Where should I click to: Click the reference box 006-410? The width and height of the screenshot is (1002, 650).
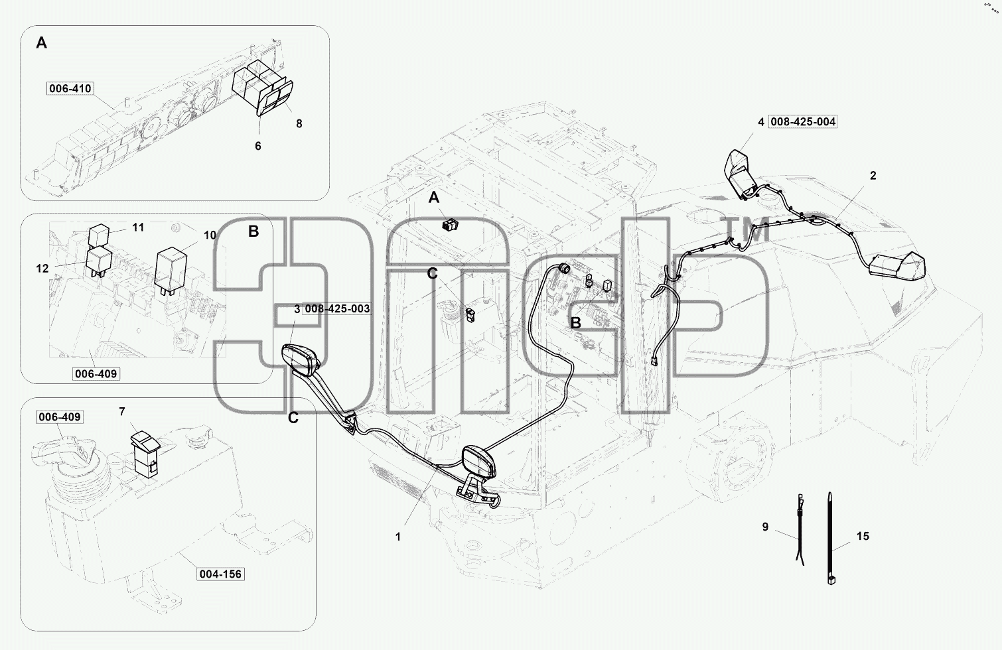(70, 88)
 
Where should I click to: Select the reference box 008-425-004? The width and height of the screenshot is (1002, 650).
(803, 121)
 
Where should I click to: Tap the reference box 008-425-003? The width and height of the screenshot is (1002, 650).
(337, 308)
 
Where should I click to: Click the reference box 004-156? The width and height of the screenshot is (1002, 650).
(220, 574)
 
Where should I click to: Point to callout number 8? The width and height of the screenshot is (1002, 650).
(299, 124)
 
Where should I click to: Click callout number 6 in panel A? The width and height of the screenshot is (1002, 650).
(258, 146)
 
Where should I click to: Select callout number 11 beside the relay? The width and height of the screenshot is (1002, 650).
(138, 227)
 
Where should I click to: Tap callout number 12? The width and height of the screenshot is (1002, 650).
(42, 268)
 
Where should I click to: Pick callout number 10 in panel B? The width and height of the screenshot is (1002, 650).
(210, 235)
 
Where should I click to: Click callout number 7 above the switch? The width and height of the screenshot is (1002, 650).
(122, 411)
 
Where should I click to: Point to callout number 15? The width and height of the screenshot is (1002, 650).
(863, 536)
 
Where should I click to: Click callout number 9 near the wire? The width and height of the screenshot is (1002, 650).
(765, 527)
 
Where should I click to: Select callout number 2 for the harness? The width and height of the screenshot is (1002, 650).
(873, 176)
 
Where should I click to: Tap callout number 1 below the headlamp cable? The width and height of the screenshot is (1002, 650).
(398, 537)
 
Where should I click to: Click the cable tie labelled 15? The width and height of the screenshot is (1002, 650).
(830, 538)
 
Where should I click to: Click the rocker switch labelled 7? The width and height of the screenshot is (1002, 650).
(145, 454)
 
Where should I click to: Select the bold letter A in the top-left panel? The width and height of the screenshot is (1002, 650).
(42, 43)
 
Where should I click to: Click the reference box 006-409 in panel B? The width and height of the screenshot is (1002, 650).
(96, 373)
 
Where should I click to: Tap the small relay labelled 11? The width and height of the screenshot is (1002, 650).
(98, 235)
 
